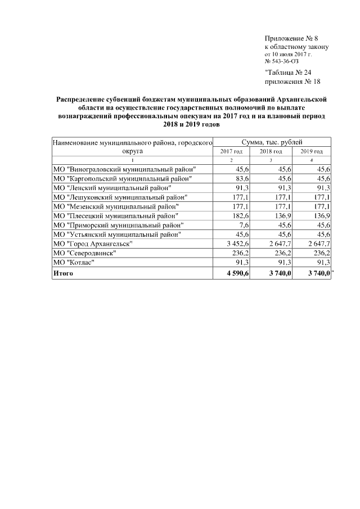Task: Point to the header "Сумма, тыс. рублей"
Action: [272, 143]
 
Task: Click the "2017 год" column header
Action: [231, 152]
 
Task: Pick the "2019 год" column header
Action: [311, 152]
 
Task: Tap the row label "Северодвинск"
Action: [84, 253]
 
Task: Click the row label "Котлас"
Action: [73, 263]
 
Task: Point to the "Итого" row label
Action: [62, 273]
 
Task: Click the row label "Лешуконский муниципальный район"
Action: [119, 197]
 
